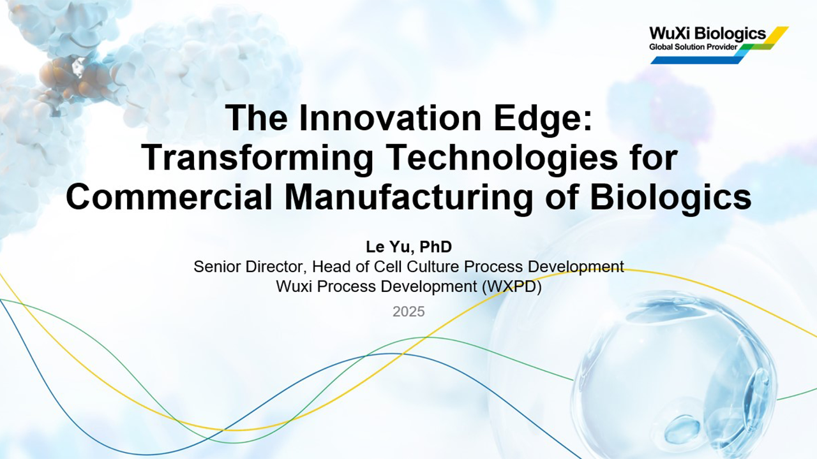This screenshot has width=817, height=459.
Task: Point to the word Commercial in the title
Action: pyautogui.click(x=169, y=197)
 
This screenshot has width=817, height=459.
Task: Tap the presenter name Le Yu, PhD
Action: pyautogui.click(x=409, y=247)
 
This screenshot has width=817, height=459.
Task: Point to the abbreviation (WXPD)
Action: pyautogui.click(x=511, y=286)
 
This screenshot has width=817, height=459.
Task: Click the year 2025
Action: pyautogui.click(x=408, y=312)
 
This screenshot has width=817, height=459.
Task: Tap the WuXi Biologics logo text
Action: pyautogui.click(x=708, y=34)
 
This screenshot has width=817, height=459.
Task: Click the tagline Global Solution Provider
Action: pyautogui.click(x=693, y=47)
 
